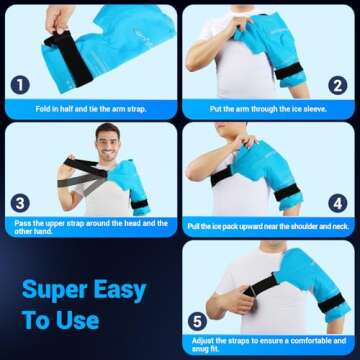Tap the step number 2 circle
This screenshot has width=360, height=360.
(337, 85)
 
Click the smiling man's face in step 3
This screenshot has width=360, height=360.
(108, 140)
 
